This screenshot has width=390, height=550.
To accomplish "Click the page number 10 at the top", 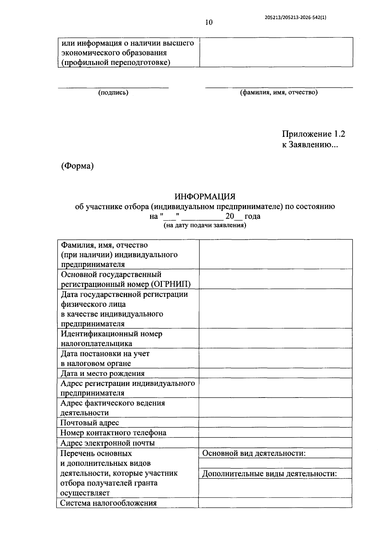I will pos(209,22).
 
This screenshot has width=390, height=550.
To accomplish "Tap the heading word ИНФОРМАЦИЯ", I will pos(205,197).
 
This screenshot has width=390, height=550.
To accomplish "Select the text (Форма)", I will pos(77,166).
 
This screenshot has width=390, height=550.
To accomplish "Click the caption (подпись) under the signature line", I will pos(113,93).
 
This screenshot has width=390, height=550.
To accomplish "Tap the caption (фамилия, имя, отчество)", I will pos(279,93).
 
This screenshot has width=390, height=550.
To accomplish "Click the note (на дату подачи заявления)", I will pos(205,225).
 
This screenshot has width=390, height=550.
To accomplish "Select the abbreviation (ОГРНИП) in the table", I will pos(171,284).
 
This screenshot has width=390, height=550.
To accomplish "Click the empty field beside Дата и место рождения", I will pos(275,373).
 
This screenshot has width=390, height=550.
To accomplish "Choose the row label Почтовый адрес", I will pos(90,423).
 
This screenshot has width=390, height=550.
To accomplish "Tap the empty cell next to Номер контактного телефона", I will pos(275,433).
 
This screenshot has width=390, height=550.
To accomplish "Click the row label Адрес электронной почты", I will pos(108,443).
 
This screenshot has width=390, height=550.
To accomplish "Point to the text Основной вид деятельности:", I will pos(254,453).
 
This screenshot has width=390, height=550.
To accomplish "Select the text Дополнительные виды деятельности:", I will pos(269,474).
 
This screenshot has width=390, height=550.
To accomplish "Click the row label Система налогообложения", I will pos(109,503).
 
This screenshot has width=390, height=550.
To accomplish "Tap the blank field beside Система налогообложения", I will pos(275,503).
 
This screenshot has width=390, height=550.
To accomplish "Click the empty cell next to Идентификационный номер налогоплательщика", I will pos(275,338).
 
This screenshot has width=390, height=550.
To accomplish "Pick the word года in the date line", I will pos(253,216).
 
